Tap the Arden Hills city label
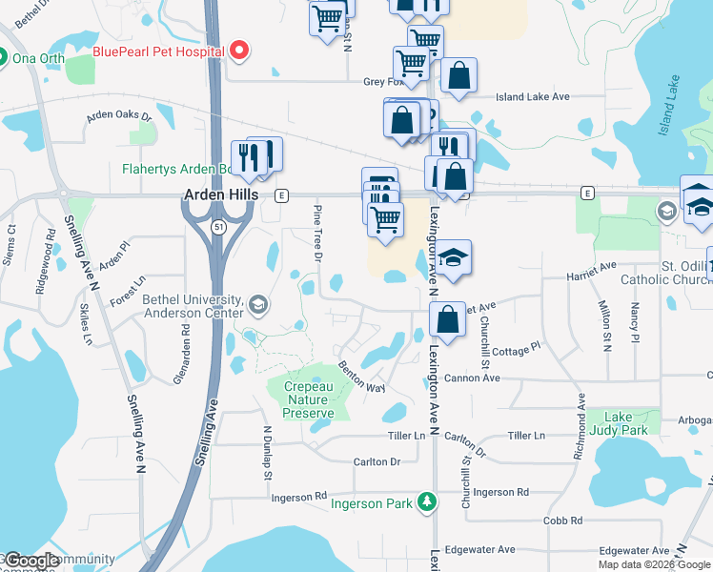click(221, 194)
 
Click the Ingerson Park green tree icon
click(428, 500)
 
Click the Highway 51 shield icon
click(219, 226)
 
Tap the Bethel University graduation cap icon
click(256, 305)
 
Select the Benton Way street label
click(361, 377)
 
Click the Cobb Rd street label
click(562, 521)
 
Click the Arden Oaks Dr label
click(119, 115)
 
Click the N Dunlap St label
click(268, 453)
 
